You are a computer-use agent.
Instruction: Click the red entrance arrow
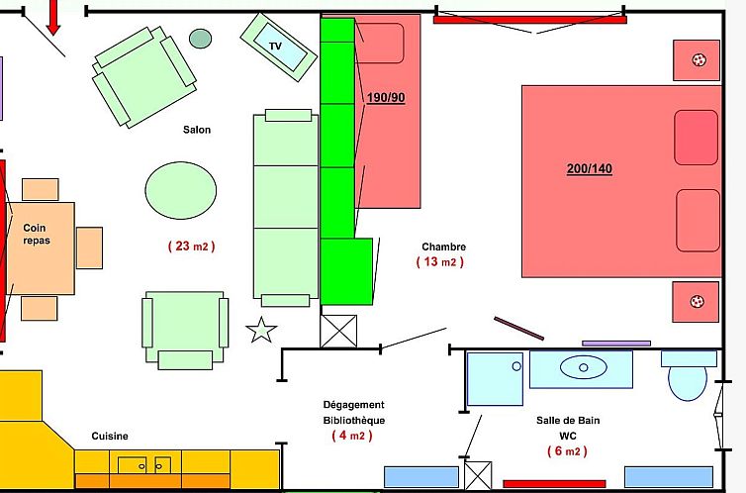(x=53, y=16)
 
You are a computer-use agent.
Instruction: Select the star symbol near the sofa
(x=261, y=330)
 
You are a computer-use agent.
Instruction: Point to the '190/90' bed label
(x=386, y=97)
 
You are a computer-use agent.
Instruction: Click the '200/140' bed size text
(x=589, y=169)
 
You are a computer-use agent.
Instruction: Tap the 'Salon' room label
(x=197, y=130)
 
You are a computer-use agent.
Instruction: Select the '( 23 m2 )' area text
(x=191, y=246)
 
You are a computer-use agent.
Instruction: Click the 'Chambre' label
(x=443, y=246)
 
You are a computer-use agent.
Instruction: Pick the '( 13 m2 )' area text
(x=439, y=262)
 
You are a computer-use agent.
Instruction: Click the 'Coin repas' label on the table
(x=37, y=234)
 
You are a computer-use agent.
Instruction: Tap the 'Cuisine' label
(x=110, y=436)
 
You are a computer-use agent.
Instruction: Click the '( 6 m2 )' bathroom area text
(x=567, y=451)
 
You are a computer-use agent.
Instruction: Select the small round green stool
(x=201, y=39)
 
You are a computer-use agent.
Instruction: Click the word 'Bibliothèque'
(x=354, y=420)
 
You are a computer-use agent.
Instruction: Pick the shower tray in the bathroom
(x=494, y=379)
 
